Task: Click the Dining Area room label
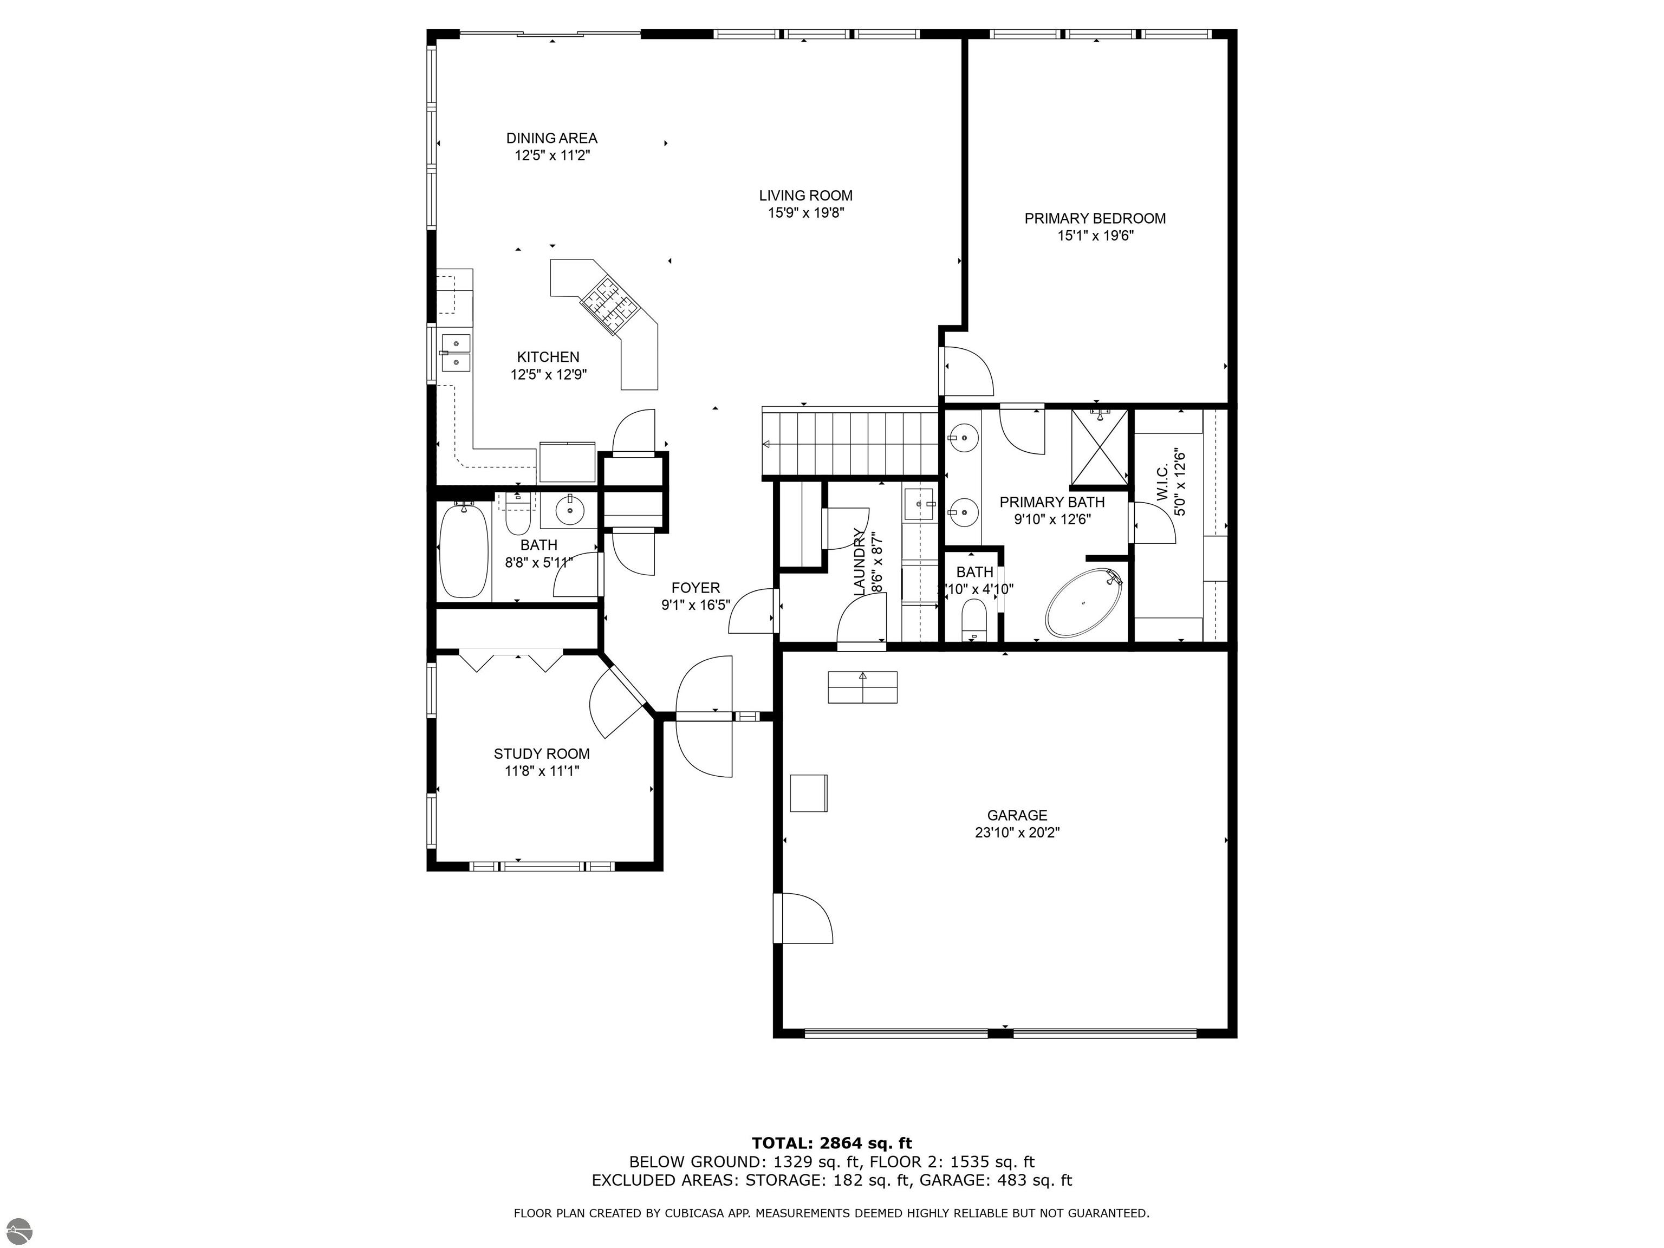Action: pyautogui.click(x=551, y=139)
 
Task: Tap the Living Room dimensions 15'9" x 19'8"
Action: pyautogui.click(x=805, y=213)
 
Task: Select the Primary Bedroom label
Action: pyautogui.click(x=1095, y=218)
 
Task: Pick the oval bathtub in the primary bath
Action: pyautogui.click(x=1084, y=603)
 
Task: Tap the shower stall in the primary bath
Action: pyautogui.click(x=1099, y=447)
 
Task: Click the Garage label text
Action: pyautogui.click(x=1017, y=815)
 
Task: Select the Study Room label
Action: pyautogui.click(x=542, y=754)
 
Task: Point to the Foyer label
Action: pyautogui.click(x=696, y=588)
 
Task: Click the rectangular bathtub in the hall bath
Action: pyautogui.click(x=463, y=551)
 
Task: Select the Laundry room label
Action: pyautogui.click(x=859, y=563)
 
